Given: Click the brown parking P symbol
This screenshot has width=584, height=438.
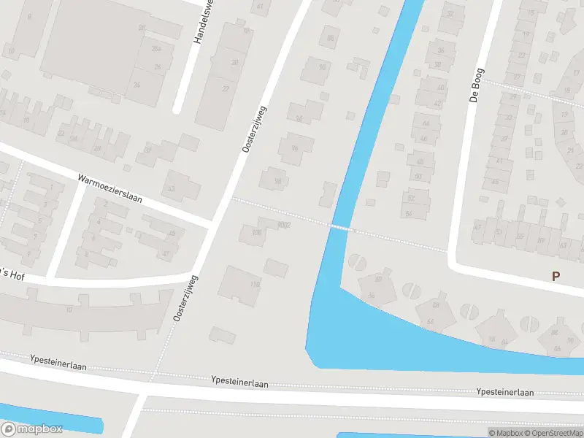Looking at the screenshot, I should click(556, 277).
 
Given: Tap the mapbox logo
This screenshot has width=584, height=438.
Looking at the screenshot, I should click(31, 429).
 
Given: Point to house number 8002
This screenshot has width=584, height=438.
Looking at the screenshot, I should click(284, 225).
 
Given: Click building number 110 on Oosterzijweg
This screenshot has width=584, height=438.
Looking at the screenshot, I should click(254, 284).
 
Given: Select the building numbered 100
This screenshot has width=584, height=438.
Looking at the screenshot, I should click(256, 232).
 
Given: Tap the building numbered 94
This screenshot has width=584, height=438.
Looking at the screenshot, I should click(298, 118).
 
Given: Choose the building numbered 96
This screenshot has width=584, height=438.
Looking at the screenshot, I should click(295, 148).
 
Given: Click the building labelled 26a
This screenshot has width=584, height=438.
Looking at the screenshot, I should click(155, 48).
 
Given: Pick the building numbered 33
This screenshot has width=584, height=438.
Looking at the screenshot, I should click(172, 188).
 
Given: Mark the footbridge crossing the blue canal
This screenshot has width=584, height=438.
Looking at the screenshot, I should click(339, 227).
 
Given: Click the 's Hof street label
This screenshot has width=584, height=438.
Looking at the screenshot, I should click(13, 273).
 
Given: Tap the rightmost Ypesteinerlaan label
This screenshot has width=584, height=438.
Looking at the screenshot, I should click(504, 392).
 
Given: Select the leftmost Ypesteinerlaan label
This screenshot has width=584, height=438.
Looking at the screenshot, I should click(58, 359).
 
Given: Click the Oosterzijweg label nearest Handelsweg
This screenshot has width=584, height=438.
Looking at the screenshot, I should click(254, 129).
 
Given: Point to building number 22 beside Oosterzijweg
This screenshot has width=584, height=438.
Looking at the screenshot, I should click(226, 88).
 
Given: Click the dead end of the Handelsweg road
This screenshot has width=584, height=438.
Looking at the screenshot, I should click(177, 109).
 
